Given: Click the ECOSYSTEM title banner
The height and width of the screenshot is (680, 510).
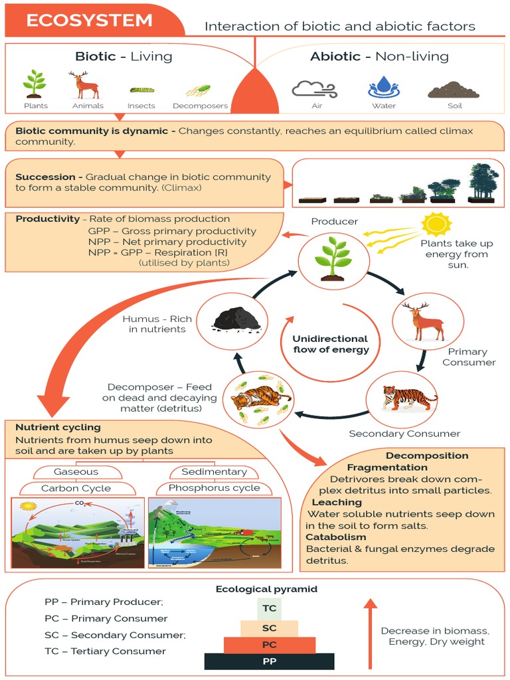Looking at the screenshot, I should pos(90,21).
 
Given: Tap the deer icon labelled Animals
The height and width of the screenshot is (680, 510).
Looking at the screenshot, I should pos(86,85).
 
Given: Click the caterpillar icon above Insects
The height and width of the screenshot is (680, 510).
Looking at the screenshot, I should pos(141,89).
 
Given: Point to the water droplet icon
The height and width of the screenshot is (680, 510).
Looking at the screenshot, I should pos(384,87).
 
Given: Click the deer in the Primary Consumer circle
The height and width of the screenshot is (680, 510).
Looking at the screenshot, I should pos(427,321).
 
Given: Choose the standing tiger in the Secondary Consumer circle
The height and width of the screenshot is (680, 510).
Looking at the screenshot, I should pos(408,398).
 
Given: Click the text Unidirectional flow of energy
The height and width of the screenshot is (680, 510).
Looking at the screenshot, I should pos(331,344).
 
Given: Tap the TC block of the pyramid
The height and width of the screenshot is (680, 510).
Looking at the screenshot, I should pos(270,608).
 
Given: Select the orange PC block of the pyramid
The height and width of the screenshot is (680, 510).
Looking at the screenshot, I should pos(270,645).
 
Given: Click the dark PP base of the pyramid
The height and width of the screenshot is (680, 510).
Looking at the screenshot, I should pos(270,661).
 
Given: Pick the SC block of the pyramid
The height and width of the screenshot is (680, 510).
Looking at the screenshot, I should pos(270,628).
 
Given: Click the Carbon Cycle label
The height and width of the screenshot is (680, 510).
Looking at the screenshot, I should pos(76,488).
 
